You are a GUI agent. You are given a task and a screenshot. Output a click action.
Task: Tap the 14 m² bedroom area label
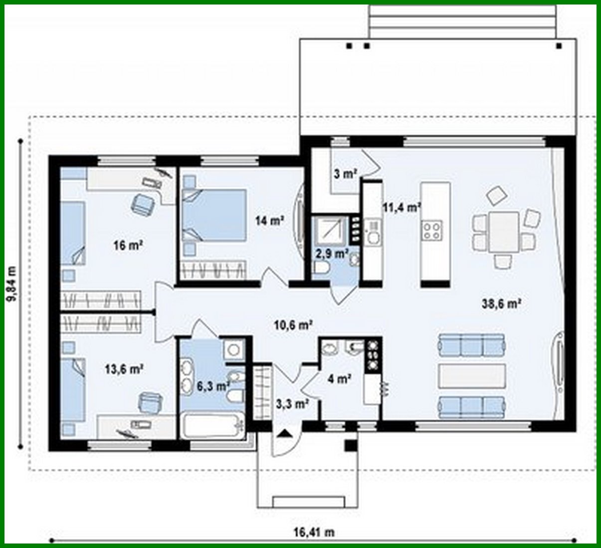click(270, 220)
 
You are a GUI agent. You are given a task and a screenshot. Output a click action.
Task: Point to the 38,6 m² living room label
click(502, 303)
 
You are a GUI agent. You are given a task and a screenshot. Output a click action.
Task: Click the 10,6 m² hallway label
click(293, 325)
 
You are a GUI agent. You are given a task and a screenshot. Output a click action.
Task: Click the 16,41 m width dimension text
click(313, 533)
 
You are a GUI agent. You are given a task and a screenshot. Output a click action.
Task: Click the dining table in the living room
click(503, 232)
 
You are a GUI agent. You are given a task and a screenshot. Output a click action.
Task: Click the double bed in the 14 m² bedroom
click(214, 215)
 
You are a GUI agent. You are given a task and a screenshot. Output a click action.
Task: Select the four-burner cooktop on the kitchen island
click(431, 230)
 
